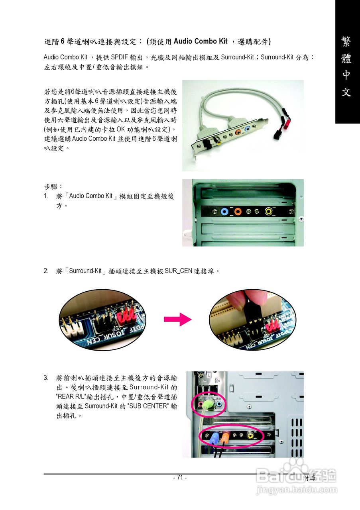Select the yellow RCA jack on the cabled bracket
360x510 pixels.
point(218,140)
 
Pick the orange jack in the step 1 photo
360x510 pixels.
point(238,212)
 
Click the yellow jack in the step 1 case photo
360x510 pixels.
point(270,212)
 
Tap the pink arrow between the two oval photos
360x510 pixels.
point(177,319)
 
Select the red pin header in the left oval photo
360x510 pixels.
point(127,312)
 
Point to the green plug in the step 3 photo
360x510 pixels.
point(207,405)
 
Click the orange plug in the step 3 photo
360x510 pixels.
point(225,437)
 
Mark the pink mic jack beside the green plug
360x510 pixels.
point(201,404)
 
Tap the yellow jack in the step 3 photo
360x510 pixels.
point(251,435)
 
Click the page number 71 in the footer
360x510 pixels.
point(180,477)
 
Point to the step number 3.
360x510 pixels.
point(46,377)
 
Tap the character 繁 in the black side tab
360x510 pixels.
point(346,42)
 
